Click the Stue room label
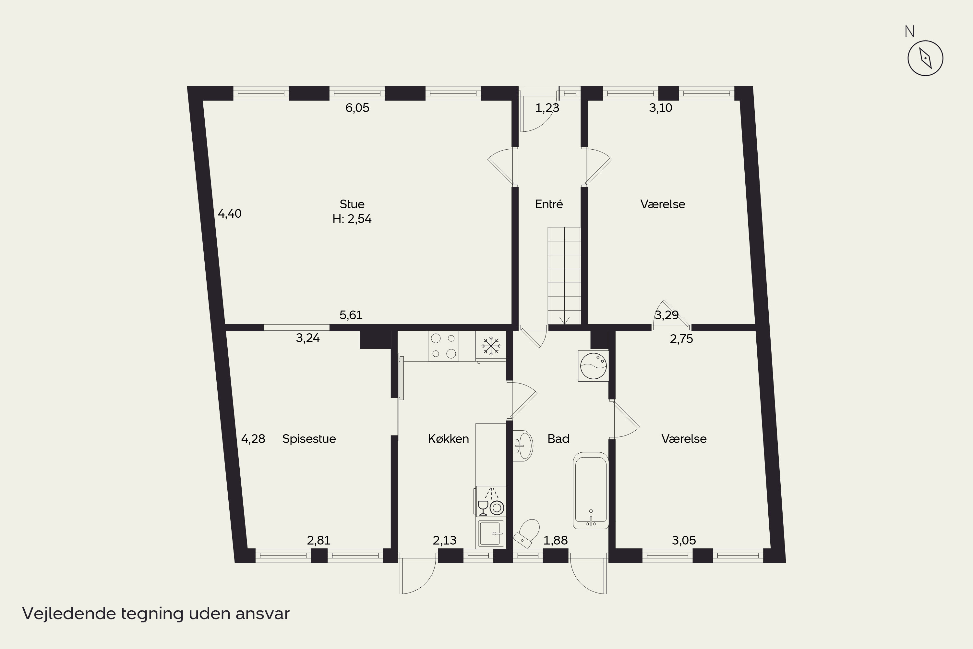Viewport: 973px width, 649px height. (x=352, y=204)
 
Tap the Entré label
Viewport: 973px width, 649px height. (x=549, y=204)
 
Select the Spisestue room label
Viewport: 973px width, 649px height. (x=309, y=439)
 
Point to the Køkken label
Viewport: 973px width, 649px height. (x=449, y=439)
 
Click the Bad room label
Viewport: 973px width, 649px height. (x=559, y=439)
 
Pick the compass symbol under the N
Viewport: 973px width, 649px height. (x=925, y=58)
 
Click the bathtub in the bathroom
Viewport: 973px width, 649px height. (x=591, y=490)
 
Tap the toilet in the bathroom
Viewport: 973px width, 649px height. (x=527, y=533)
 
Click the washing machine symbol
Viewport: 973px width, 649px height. (x=593, y=365)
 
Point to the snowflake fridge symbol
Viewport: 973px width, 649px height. (x=491, y=346)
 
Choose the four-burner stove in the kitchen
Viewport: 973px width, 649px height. (x=443, y=346)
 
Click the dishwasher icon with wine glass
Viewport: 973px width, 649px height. (x=491, y=501)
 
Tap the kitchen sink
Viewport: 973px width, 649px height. (x=491, y=533)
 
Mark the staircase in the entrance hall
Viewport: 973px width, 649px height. (x=564, y=276)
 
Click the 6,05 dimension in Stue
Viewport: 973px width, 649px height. (x=357, y=108)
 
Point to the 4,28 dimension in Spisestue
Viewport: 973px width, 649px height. (x=253, y=439)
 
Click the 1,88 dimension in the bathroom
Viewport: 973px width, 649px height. (x=556, y=540)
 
